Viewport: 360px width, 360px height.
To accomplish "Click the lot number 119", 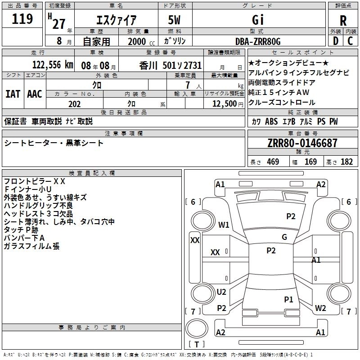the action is pyautogui.click(x=22, y=19).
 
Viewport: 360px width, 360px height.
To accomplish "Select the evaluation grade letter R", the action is pyautogui.click(x=343, y=21).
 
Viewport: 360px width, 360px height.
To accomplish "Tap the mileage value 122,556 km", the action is pyautogui.click(x=53, y=65).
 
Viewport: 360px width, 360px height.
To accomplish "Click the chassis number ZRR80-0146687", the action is pyautogui.click(x=302, y=143).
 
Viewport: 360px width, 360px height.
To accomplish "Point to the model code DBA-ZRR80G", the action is pyautogui.click(x=258, y=41).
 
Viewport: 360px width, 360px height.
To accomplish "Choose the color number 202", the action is pyautogui.click(x=74, y=104).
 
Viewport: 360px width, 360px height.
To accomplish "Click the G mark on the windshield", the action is pyautogui.click(x=284, y=237).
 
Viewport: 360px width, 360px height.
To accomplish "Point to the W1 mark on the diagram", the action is pyautogui.click(x=224, y=225).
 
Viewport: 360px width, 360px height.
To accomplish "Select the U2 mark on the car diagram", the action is pyautogui.click(x=221, y=292).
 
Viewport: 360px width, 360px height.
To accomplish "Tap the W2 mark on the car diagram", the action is pyautogui.click(x=320, y=308).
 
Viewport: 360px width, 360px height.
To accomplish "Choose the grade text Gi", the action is pyautogui.click(x=258, y=20).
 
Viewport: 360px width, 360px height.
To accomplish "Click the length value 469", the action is pyautogui.click(x=273, y=162).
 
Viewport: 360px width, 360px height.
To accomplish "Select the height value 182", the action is pyautogui.click(x=346, y=162).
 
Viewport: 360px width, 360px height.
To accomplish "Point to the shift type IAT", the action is pyautogui.click(x=13, y=94).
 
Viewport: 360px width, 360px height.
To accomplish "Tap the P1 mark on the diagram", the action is pyautogui.click(x=288, y=300).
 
